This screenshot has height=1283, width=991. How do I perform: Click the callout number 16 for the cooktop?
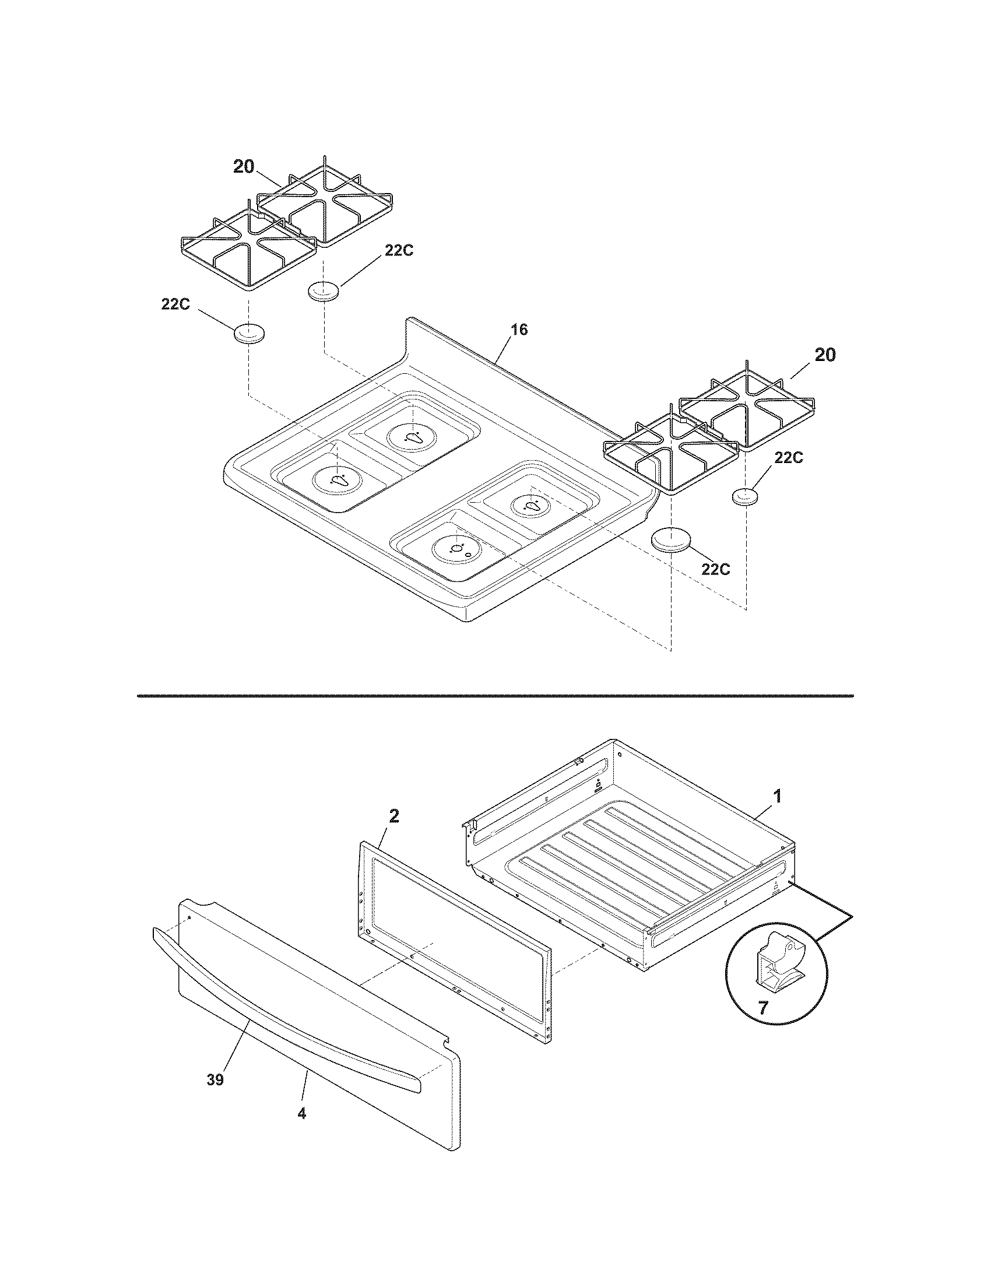tap(519, 330)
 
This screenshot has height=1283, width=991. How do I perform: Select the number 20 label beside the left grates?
tap(244, 167)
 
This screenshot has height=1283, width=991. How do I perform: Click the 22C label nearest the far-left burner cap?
tap(175, 304)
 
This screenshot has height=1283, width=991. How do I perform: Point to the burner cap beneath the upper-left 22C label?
tap(324, 292)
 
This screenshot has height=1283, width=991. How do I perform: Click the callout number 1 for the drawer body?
tap(776, 797)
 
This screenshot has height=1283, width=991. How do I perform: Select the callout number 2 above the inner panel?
tap(394, 816)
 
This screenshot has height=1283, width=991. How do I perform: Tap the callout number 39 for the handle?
tap(216, 1079)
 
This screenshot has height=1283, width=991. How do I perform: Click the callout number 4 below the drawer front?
tap(302, 1113)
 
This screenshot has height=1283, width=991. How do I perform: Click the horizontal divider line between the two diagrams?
tap(495, 696)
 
